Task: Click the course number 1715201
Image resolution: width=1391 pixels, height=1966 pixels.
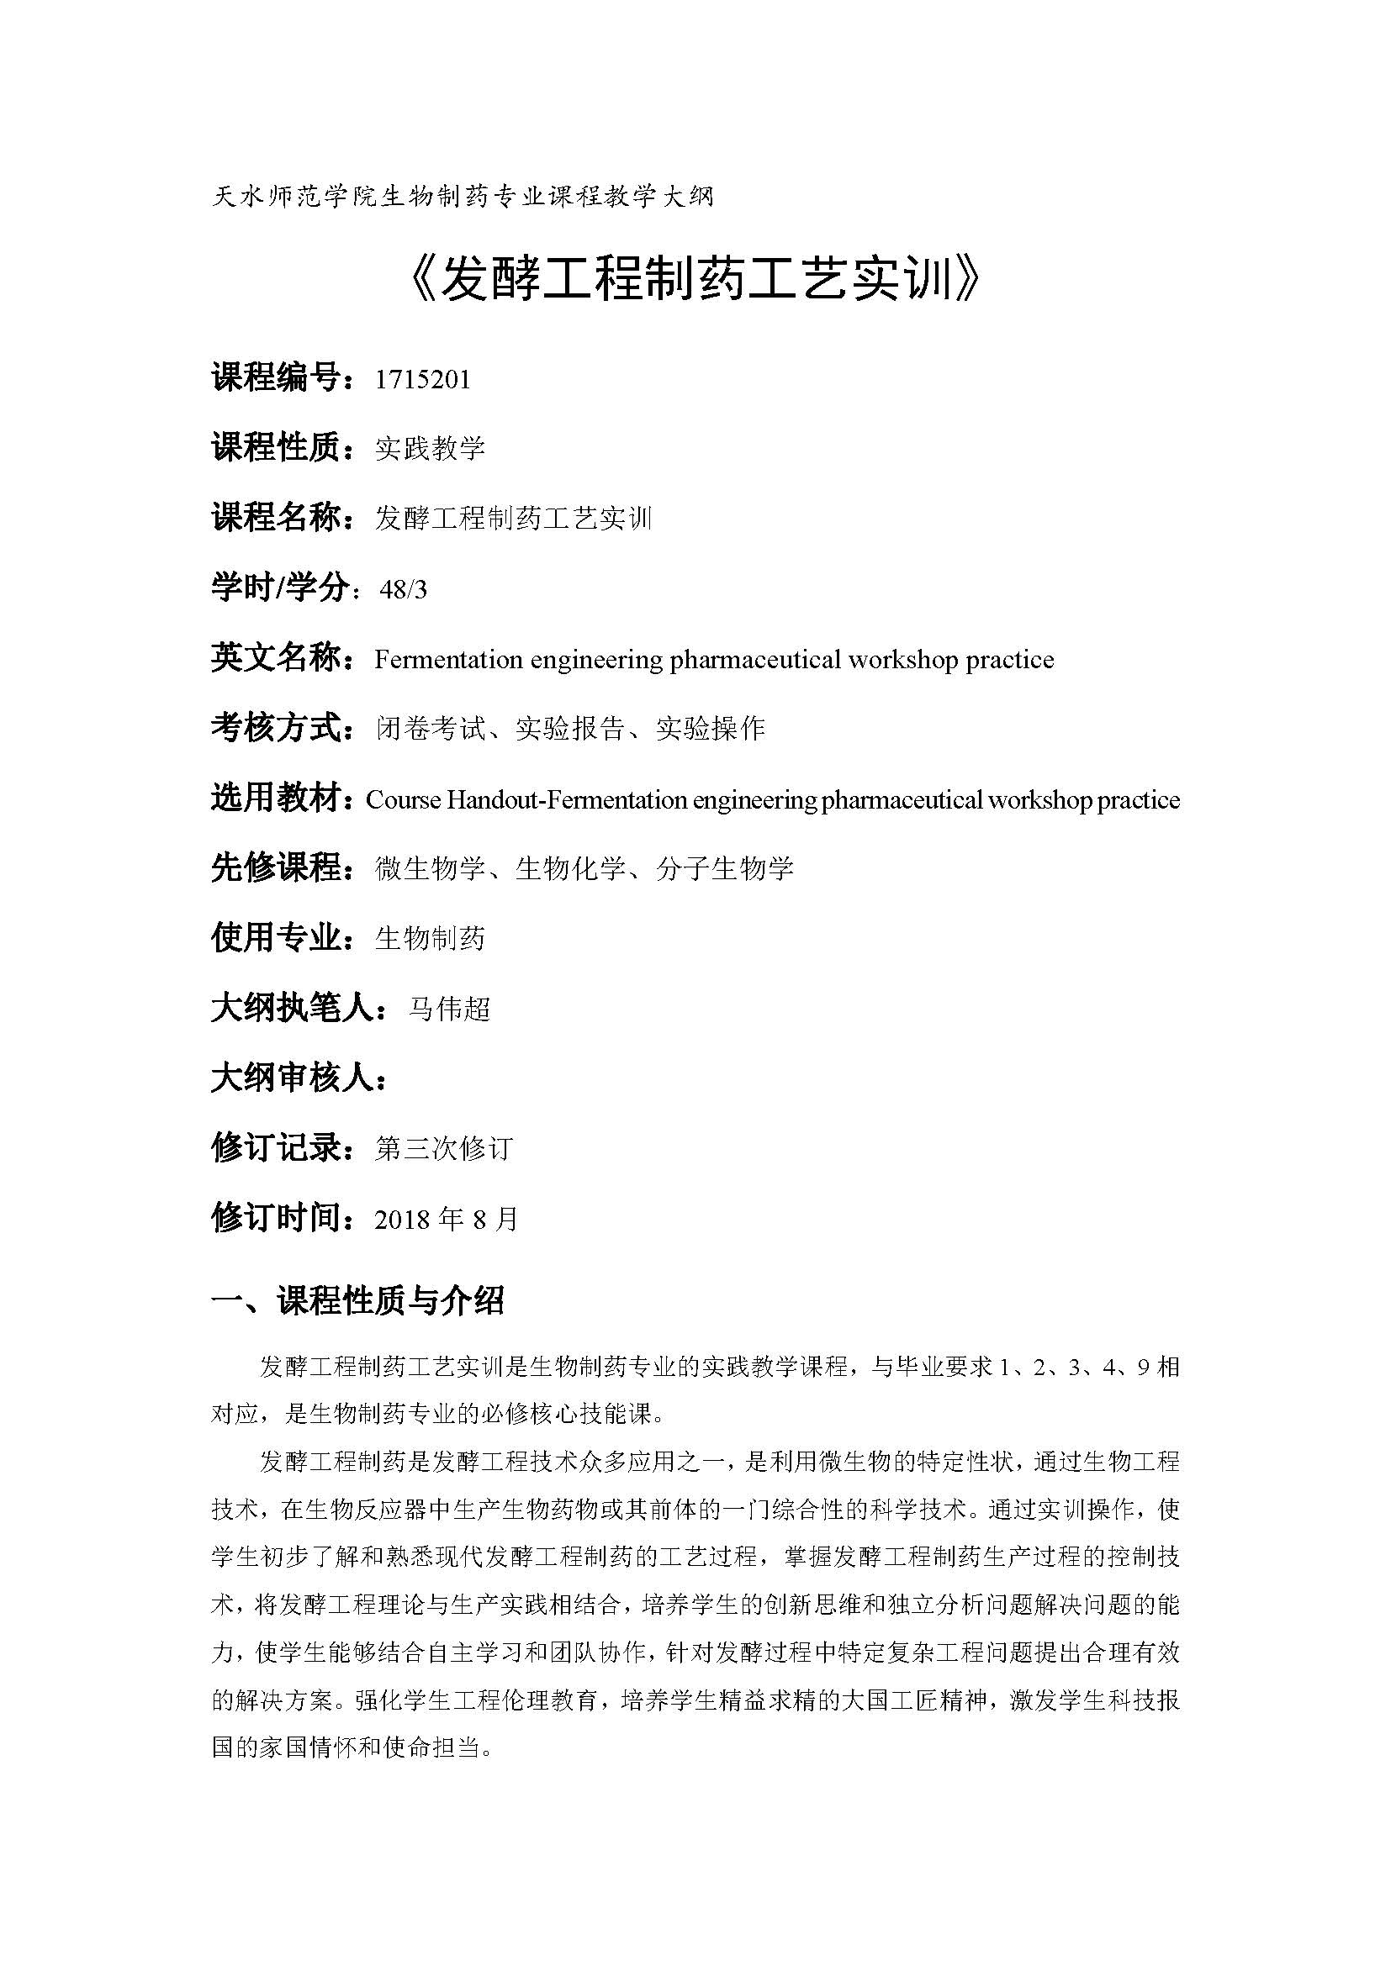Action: click(x=422, y=378)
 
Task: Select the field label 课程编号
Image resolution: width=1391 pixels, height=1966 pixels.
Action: click(x=276, y=377)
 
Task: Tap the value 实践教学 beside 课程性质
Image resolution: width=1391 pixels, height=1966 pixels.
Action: click(x=430, y=448)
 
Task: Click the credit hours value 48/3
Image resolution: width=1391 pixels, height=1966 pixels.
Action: click(x=403, y=589)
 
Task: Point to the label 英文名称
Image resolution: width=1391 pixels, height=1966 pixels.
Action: click(x=276, y=658)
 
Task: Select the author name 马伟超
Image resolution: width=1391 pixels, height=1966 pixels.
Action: click(x=449, y=1009)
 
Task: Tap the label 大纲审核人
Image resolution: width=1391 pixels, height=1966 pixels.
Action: click(x=293, y=1079)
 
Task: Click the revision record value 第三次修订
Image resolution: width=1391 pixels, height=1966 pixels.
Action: click(x=444, y=1149)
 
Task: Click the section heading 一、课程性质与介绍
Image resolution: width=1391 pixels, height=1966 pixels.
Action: click(x=357, y=1301)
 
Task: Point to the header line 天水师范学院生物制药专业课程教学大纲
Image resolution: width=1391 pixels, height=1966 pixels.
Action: click(x=462, y=197)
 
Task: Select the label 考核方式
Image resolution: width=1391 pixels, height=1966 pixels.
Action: click(x=276, y=729)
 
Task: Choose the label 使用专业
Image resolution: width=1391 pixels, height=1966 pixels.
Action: click(x=276, y=940)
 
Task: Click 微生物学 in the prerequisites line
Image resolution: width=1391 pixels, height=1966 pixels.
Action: click(x=430, y=869)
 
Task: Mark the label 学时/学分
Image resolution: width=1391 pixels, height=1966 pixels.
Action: click(x=280, y=588)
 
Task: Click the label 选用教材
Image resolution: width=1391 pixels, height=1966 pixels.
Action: click(x=276, y=799)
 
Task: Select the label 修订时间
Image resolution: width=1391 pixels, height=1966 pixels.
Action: click(x=276, y=1219)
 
